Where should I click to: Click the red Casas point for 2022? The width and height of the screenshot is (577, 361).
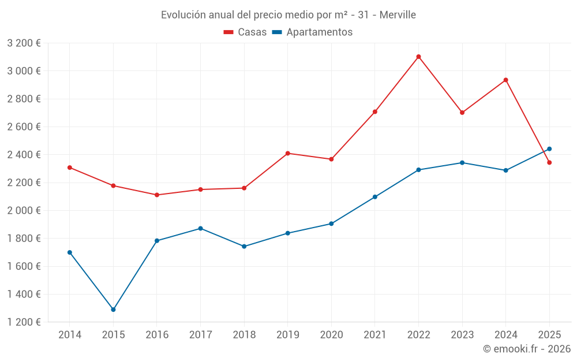(418, 57)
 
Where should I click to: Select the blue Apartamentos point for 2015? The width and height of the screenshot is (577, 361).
(113, 310)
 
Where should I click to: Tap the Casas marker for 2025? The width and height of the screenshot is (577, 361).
(549, 162)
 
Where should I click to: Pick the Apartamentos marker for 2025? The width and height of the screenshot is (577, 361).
(549, 149)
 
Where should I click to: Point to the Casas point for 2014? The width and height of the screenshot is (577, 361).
(70, 168)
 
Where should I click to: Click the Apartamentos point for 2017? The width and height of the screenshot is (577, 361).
(200, 228)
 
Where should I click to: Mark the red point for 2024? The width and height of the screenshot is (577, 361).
(505, 80)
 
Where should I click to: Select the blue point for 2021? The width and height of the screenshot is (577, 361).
(375, 197)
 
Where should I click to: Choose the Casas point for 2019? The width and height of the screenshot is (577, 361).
(287, 153)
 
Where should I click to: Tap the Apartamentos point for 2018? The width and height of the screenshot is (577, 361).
(244, 246)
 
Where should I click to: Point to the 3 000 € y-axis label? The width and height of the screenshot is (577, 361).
(24, 71)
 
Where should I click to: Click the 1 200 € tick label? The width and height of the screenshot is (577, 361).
(24, 322)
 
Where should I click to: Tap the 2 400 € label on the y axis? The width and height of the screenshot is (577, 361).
(24, 155)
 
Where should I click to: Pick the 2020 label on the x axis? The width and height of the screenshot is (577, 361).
(331, 335)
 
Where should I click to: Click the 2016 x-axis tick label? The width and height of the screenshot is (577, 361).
(157, 335)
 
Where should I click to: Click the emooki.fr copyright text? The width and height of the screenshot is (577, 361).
(527, 349)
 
